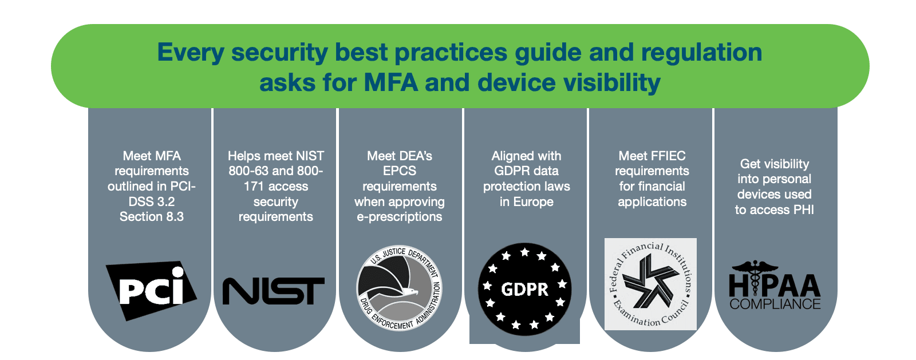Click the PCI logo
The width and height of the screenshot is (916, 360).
coord(151,291)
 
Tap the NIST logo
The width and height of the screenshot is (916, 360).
coord(274,291)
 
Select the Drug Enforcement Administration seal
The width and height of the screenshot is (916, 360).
coord(399,288)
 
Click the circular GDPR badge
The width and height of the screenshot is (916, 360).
coord(524,289)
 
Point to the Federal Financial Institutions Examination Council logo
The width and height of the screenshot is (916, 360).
coord(650,284)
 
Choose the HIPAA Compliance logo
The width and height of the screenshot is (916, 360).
coord(775,285)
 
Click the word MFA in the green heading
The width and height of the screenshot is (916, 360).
coord(390,82)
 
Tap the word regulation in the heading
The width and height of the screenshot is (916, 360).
coord(701,52)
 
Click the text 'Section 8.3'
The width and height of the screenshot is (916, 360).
coord(151,216)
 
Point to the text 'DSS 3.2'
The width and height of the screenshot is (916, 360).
coord(151,201)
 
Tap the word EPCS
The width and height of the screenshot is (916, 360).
coord(399,171)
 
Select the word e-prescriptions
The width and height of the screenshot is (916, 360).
coord(399,217)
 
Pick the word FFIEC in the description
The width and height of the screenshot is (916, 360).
coord(667,156)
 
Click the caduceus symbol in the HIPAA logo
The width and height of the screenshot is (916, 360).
coord(755,277)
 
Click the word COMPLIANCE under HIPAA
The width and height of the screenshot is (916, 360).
coord(775,304)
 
